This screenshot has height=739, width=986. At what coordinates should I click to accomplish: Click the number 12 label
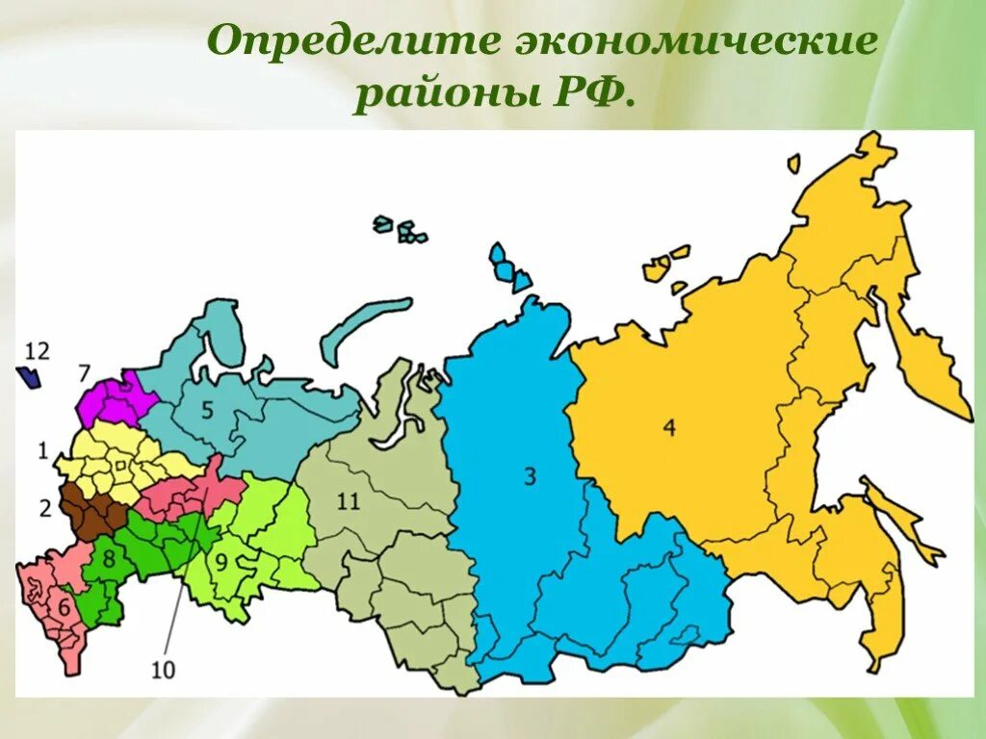(x=38, y=351)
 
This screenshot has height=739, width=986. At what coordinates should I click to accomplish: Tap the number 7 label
(x=84, y=372)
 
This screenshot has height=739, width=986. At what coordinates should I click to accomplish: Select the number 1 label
(x=42, y=449)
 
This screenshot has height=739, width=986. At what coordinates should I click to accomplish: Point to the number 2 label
(x=44, y=509)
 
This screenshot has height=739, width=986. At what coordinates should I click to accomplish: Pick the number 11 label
(x=349, y=501)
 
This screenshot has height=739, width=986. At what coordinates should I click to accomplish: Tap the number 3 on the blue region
(x=530, y=474)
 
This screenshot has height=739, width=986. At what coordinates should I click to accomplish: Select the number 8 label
(x=109, y=557)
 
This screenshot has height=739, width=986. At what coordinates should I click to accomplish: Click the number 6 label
(x=64, y=607)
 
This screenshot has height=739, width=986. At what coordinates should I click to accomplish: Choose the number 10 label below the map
(x=164, y=670)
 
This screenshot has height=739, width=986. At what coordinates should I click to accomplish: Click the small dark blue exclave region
(x=30, y=377)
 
